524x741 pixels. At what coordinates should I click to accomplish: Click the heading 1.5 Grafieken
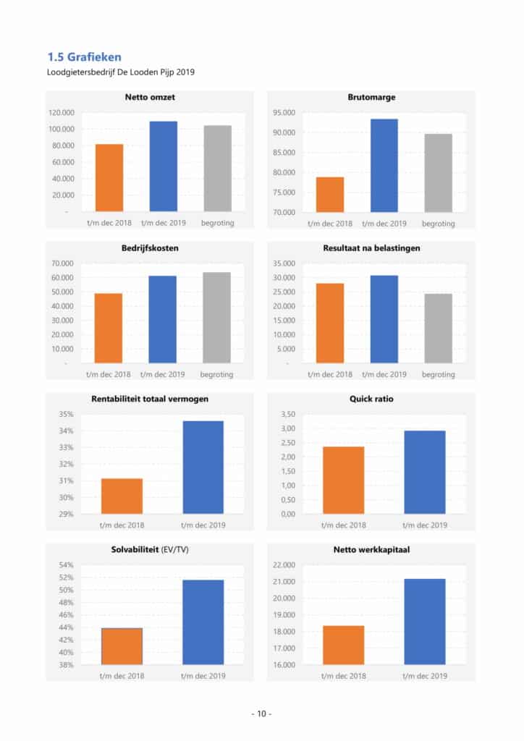tap(84, 56)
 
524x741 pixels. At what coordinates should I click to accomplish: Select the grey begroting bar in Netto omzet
tap(218, 169)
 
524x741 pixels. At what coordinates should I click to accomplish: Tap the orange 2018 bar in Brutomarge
tap(330, 194)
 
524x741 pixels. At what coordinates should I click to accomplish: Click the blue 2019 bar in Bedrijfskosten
tap(163, 319)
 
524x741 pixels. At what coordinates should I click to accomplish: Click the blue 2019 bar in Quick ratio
tap(425, 472)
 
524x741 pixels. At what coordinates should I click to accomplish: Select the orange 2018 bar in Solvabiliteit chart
tap(122, 646)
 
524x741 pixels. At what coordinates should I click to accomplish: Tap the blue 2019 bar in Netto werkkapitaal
tap(425, 622)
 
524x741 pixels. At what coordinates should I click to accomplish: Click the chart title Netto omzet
tap(150, 97)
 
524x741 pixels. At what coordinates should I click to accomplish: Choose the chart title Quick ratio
tap(371, 398)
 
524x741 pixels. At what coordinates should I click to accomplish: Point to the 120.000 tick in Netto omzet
tap(62, 113)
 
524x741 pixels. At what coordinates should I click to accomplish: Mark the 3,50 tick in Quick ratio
tap(287, 415)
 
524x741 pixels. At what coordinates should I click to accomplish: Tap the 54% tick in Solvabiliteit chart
tap(67, 565)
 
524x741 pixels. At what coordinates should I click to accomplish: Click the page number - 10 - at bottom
tap(261, 714)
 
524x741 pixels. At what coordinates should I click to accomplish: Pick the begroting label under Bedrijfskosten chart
tap(217, 375)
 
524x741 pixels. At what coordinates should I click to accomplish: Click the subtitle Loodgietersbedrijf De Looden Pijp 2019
tap(121, 72)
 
